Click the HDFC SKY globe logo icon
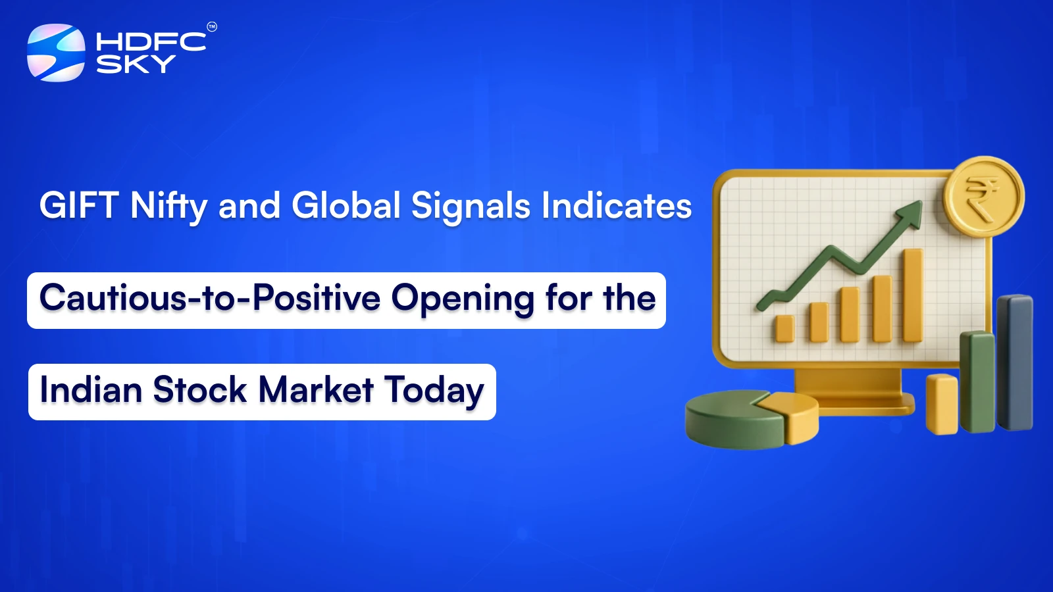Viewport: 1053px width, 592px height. [56, 53]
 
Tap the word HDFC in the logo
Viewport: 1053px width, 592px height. [151, 42]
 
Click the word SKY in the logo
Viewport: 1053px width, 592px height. [136, 64]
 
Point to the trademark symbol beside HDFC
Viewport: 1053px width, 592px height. [212, 27]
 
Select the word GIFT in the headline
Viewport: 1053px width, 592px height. [79, 206]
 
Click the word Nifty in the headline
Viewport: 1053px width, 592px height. [169, 206]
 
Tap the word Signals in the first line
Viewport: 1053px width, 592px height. [471, 206]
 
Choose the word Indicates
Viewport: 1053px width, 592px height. [617, 206]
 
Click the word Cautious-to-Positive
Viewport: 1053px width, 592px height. [210, 298]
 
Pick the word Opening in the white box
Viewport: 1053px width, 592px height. [463, 299]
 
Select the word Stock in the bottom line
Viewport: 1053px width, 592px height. [200, 390]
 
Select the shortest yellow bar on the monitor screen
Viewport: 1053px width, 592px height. [784, 328]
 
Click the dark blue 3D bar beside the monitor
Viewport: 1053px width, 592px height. [1015, 362]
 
